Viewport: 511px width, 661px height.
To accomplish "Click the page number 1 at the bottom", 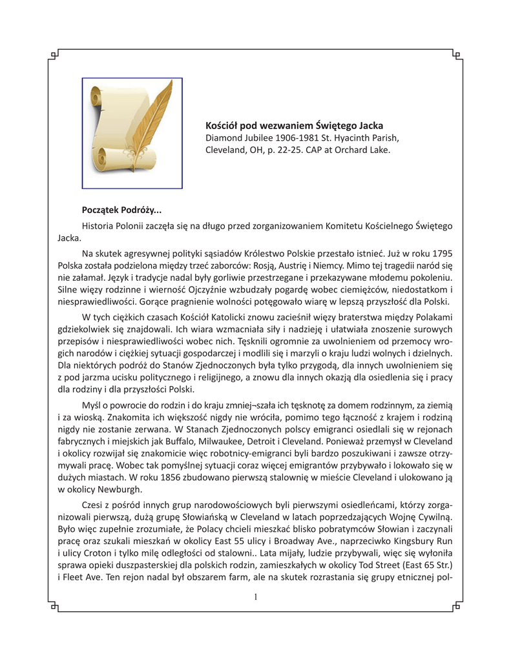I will click(256, 597).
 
